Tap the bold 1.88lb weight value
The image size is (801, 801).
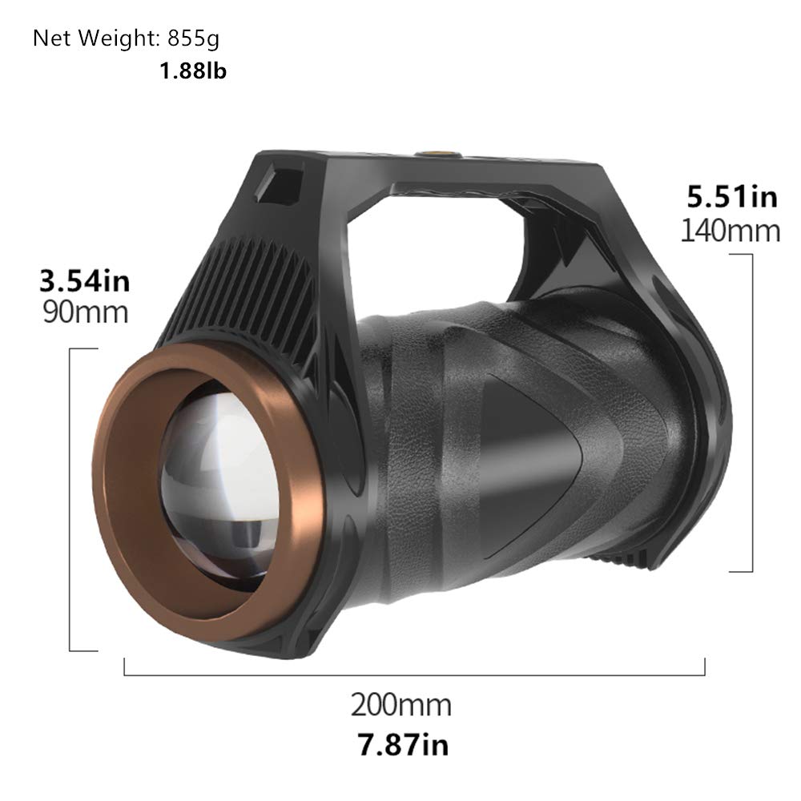pyautogui.click(x=193, y=71)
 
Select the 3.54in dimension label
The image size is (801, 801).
pyautogui.click(x=84, y=281)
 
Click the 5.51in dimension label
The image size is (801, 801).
pyautogui.click(x=734, y=197)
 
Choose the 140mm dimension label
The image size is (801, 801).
pyautogui.click(x=730, y=231)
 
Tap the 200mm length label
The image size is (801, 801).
pyautogui.click(x=400, y=706)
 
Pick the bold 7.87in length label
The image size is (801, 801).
pyautogui.click(x=400, y=745)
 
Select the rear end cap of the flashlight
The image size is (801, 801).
pyautogui.click(x=681, y=449)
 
